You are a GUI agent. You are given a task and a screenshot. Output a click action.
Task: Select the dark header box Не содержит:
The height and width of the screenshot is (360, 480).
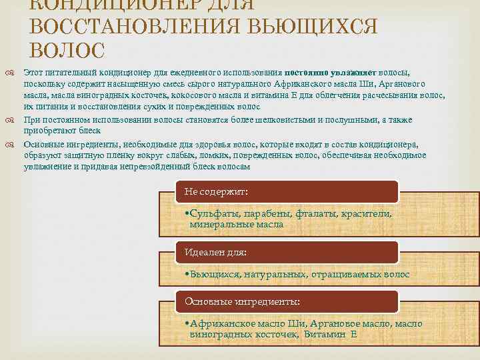pos(287,191)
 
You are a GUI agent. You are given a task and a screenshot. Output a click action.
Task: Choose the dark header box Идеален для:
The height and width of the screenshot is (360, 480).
pos(287,252)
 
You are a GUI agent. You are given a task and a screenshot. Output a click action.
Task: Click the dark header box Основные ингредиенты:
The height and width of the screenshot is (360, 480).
pos(287,301)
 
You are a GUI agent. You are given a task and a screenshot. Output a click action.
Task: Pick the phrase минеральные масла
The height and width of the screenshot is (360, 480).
pos(237,225)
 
